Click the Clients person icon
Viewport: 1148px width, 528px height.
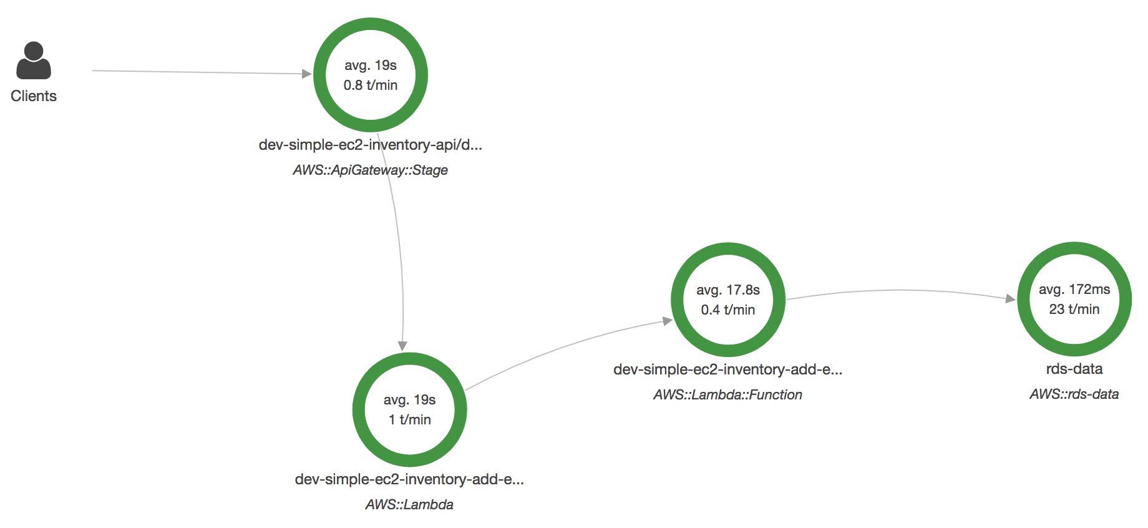pyautogui.click(x=34, y=61)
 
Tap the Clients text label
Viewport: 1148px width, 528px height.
pyautogui.click(x=34, y=96)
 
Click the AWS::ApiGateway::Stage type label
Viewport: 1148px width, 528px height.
pyautogui.click(x=371, y=170)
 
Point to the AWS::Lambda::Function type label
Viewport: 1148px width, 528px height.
pyautogui.click(x=727, y=394)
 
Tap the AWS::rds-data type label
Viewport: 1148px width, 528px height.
pyautogui.click(x=1074, y=394)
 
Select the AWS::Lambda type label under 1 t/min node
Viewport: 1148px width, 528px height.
pyautogui.click(x=409, y=504)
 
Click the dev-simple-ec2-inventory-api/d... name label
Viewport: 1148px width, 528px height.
pyautogui.click(x=371, y=145)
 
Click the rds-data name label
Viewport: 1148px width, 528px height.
pyautogui.click(x=1074, y=369)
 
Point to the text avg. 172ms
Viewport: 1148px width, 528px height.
pyautogui.click(x=1074, y=290)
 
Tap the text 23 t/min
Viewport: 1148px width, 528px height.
pyautogui.click(x=1074, y=309)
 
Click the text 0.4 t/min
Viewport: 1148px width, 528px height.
pyautogui.click(x=728, y=310)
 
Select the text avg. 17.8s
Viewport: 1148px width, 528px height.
pyautogui.click(x=728, y=290)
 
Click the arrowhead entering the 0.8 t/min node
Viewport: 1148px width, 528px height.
pyautogui.click(x=307, y=74)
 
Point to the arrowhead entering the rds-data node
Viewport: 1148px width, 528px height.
pyautogui.click(x=1011, y=298)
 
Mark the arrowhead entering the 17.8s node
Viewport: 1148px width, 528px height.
pyautogui.click(x=668, y=321)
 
